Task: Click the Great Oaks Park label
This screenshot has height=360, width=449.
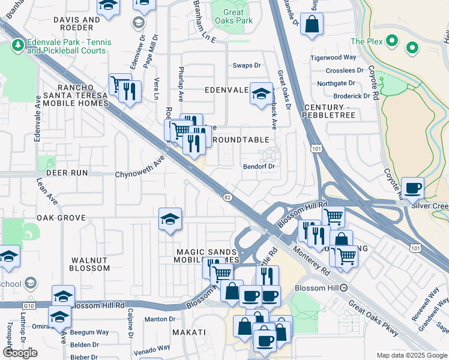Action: (x=234, y=16)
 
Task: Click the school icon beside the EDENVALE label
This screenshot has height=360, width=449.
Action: (x=261, y=94)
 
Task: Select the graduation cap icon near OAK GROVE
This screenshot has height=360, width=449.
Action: (x=170, y=219)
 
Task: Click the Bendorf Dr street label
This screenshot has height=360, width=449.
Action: (x=259, y=166)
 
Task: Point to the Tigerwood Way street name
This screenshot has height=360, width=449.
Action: (x=333, y=58)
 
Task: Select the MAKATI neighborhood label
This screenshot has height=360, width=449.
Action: (x=189, y=332)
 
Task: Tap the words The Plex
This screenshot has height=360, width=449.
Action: (x=366, y=41)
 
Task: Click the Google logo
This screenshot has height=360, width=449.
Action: (x=20, y=353)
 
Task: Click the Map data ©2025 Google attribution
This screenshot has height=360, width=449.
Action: (x=411, y=355)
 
